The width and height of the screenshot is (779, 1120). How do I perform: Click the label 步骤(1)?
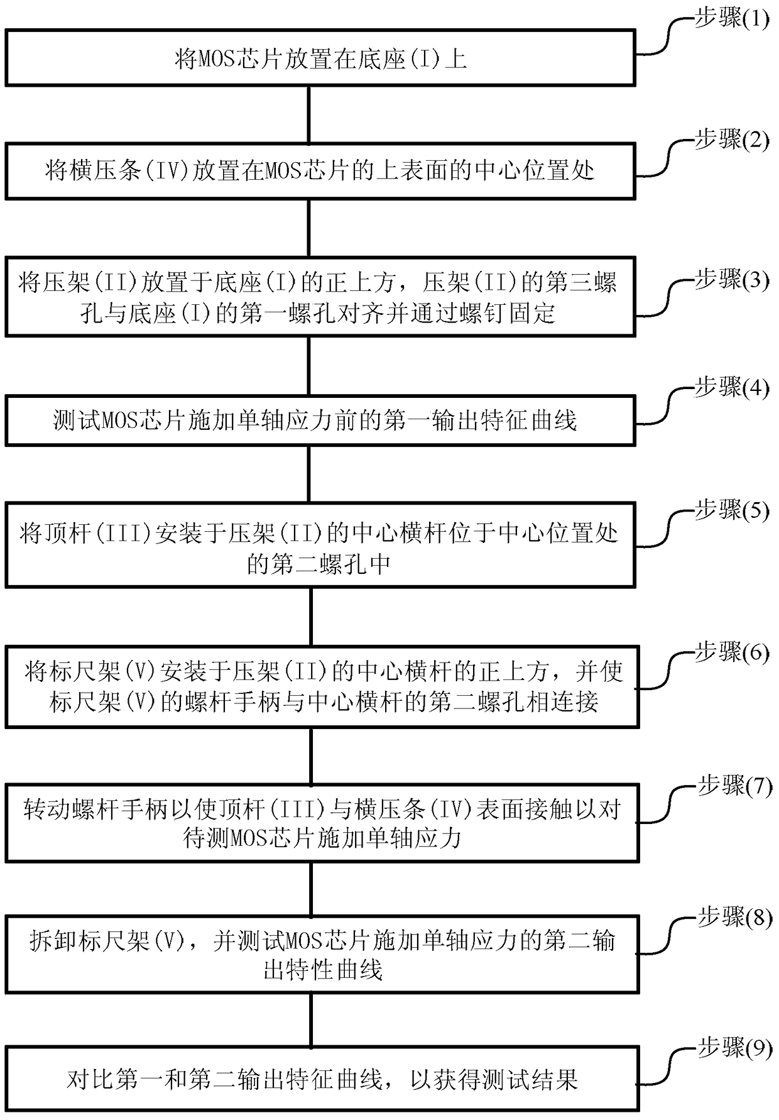[731, 19]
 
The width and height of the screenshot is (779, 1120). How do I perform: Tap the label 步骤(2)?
[731, 140]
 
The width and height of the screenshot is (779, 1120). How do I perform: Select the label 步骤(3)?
[731, 280]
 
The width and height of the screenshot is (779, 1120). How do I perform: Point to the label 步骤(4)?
[731, 388]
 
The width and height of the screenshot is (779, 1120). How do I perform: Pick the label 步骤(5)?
[731, 510]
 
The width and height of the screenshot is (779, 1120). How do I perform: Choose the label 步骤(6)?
[731, 653]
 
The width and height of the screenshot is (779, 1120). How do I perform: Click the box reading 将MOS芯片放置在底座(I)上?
[320, 58]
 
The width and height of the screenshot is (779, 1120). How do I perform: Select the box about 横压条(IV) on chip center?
[320, 171]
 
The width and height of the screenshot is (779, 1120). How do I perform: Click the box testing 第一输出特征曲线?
[320, 420]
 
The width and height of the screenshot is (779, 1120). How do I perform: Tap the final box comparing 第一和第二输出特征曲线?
[322, 1079]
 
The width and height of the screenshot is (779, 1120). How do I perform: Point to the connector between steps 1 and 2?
[309, 114]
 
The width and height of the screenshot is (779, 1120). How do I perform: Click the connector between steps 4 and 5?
[309, 474]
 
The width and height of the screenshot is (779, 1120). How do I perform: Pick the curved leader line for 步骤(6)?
[666, 671]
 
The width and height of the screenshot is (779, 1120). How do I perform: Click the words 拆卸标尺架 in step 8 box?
[88, 942]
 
